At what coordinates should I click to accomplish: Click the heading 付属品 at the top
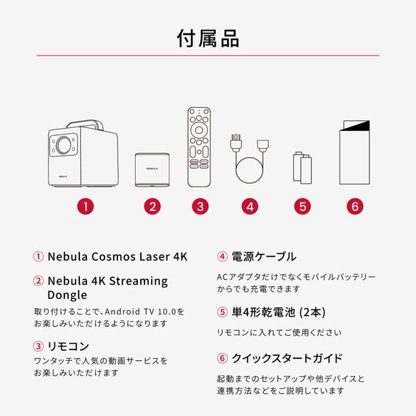(208, 39)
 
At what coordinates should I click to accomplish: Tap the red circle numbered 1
(86, 207)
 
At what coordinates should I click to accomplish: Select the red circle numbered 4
(249, 207)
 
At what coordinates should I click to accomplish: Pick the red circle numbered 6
(355, 207)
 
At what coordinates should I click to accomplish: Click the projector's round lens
(64, 145)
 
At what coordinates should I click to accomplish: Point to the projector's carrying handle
(86, 124)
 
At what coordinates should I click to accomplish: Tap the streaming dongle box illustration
(152, 169)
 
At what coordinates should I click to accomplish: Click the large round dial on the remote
(199, 130)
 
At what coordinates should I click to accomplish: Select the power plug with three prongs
(236, 143)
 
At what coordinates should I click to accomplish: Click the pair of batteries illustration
(302, 168)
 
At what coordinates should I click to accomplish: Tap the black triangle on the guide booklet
(356, 126)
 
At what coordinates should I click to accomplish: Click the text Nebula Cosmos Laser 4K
(117, 257)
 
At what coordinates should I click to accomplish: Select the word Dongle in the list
(67, 295)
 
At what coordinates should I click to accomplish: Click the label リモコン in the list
(68, 346)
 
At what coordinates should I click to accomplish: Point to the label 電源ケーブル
(264, 257)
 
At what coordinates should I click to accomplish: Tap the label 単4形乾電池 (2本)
(279, 312)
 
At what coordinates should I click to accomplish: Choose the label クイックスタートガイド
(287, 358)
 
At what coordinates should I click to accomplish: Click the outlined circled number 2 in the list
(38, 281)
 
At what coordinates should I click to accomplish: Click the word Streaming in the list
(139, 281)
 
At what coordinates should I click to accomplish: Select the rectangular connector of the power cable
(262, 145)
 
